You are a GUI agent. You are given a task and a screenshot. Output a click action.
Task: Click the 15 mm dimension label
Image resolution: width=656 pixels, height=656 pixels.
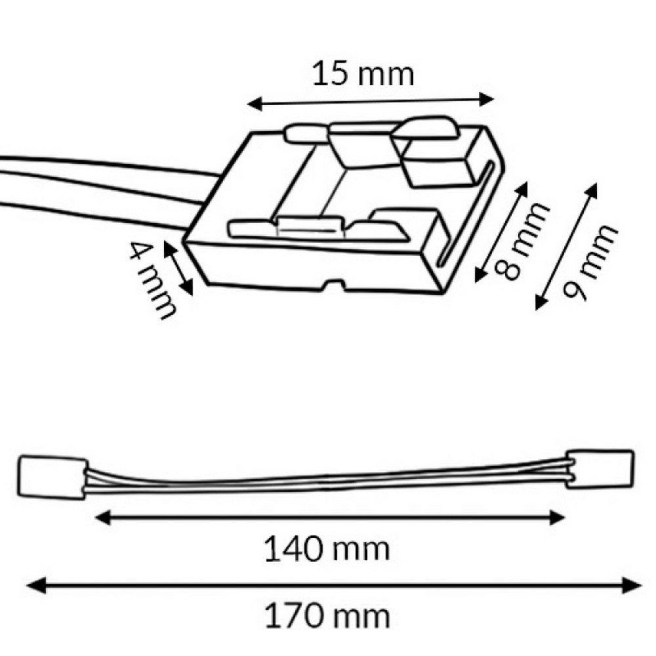pyautogui.click(x=363, y=74)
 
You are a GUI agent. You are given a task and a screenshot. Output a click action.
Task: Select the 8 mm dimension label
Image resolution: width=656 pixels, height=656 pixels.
pyautogui.click(x=521, y=241)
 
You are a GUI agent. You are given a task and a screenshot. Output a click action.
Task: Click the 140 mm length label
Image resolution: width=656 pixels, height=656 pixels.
pyautogui.click(x=327, y=549)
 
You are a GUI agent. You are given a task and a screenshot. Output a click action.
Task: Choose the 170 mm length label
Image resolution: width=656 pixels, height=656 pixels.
pyautogui.click(x=327, y=616)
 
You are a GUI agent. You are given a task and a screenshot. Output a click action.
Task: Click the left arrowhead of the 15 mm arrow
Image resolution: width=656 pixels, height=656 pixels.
pyautogui.click(x=255, y=104)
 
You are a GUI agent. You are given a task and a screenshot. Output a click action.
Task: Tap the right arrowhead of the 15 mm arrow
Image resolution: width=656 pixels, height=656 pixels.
pyautogui.click(x=487, y=100)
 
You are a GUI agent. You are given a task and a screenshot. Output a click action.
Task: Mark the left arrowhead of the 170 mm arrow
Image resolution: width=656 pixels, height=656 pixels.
pyautogui.click(x=36, y=585)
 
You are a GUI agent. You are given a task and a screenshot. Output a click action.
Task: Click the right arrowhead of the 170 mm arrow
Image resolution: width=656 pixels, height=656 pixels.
pyautogui.click(x=632, y=585)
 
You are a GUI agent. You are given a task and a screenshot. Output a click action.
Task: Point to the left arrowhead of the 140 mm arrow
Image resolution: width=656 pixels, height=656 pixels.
pyautogui.click(x=103, y=518)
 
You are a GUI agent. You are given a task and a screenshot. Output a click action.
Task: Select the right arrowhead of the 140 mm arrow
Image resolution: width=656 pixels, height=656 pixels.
pyautogui.click(x=557, y=518)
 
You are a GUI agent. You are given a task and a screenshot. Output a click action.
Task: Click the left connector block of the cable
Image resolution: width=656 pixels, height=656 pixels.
pyautogui.click(x=52, y=477)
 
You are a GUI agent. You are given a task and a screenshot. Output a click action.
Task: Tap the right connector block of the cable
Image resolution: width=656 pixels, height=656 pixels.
pyautogui.click(x=600, y=469)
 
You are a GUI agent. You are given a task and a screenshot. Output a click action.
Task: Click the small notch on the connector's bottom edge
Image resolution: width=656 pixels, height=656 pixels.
pyautogui.click(x=335, y=286)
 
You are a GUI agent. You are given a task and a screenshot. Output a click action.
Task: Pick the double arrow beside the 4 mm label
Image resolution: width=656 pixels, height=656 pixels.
pyautogui.click(x=178, y=268)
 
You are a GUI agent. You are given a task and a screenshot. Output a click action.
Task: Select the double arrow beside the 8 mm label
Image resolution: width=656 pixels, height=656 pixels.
pyautogui.click(x=501, y=232)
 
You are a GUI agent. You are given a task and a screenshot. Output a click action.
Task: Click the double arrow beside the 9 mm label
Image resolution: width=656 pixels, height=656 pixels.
pyautogui.click(x=566, y=247)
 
